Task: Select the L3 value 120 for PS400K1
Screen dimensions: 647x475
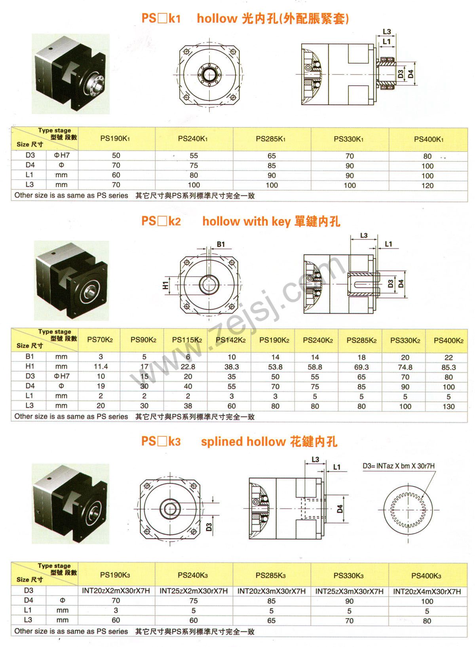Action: click(427, 186)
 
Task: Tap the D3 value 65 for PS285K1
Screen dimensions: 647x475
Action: click(272, 156)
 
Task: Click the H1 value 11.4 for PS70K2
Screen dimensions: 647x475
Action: click(101, 367)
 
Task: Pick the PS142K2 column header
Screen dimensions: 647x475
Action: click(232, 340)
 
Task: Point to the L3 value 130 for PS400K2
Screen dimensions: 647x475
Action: click(448, 406)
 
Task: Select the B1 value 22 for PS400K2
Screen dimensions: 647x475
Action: click(448, 357)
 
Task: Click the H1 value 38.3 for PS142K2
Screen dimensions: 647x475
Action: click(232, 367)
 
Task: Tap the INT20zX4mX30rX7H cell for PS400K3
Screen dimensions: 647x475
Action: click(427, 591)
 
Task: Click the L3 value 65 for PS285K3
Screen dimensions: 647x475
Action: click(271, 620)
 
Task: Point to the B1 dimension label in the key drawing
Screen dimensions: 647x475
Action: click(220, 244)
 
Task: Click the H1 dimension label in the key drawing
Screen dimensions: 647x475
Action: click(165, 284)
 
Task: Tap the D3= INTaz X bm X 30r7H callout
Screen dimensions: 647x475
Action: click(398, 466)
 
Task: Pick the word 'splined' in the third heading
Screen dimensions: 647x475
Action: click(222, 441)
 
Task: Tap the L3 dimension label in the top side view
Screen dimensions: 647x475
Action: click(387, 32)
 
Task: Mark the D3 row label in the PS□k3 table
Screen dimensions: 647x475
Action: click(28, 590)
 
